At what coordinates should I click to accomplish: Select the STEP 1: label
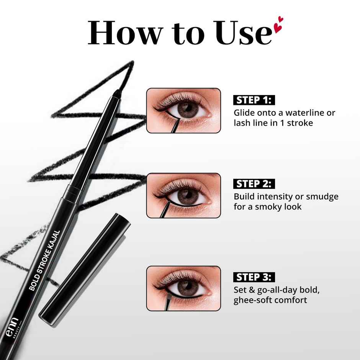(x=254, y=100)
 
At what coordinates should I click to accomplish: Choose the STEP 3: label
(x=254, y=277)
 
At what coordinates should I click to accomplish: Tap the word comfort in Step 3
(x=293, y=300)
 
